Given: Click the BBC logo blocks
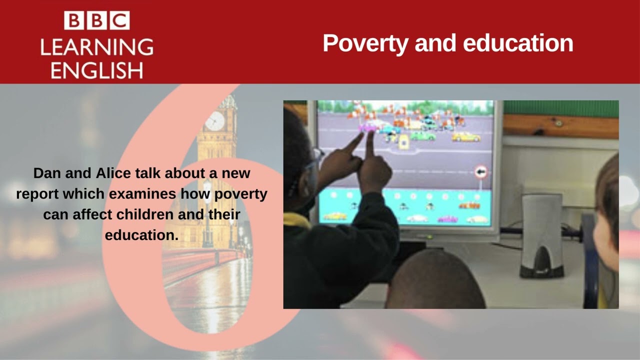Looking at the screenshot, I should pos(96,21).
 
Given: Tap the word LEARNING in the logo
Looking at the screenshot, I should pos(96,47).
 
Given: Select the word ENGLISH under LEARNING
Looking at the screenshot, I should pos(96,70).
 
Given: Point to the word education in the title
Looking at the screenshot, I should pos(518,43).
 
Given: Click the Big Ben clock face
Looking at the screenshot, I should pos(215,121).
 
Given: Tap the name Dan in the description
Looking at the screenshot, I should pos(46,173).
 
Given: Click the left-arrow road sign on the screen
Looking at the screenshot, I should pos(480,172).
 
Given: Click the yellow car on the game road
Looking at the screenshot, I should pos(466,136).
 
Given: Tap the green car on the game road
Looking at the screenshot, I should pos(423,135).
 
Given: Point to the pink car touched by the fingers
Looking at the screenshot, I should pos(369,128).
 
